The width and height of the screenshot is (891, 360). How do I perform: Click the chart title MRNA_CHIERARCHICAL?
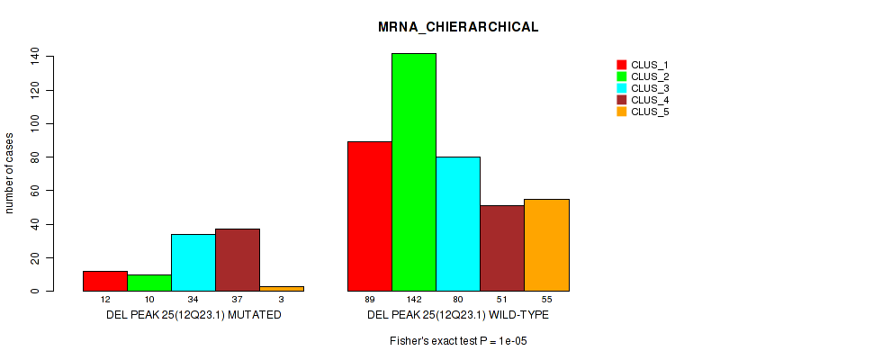coord(458,27)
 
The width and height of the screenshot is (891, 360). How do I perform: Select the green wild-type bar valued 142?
coord(414,172)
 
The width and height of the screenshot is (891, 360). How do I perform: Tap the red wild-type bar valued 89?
coord(370,216)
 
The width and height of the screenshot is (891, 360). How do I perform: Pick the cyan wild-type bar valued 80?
coord(458,224)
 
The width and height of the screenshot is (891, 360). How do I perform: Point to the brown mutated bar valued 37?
coord(238,260)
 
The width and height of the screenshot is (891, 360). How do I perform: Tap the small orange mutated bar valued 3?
coord(282,289)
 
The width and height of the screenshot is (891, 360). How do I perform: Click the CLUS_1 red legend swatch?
coord(621,65)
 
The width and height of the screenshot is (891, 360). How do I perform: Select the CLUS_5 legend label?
coord(650,112)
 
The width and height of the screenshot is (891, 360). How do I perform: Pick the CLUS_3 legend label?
coord(650,88)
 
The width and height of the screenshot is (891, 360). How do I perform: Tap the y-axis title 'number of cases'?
coord(10,173)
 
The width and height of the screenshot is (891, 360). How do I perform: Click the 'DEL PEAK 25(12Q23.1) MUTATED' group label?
coord(193,316)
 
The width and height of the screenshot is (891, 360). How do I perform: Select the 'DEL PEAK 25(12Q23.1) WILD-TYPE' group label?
coord(458,316)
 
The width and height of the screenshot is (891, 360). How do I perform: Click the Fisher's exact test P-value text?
coord(458,341)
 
